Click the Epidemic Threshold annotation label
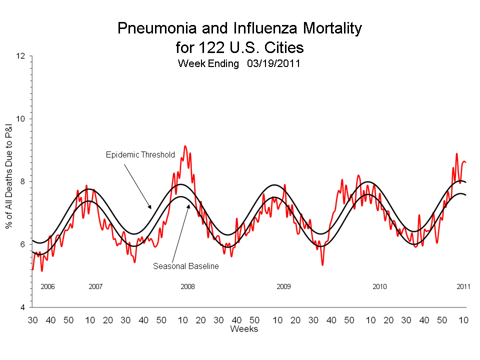[140, 154]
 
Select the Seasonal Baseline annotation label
[186, 266]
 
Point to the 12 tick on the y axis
[20, 56]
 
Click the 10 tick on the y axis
[20, 119]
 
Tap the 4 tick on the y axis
[23, 307]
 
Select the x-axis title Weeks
[244, 329]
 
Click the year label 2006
[47, 287]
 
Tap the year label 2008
[187, 287]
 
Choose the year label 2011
[463, 287]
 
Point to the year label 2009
[283, 287]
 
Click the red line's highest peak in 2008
[185, 146]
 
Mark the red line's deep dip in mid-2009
[322, 264]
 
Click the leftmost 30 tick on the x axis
[32, 319]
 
